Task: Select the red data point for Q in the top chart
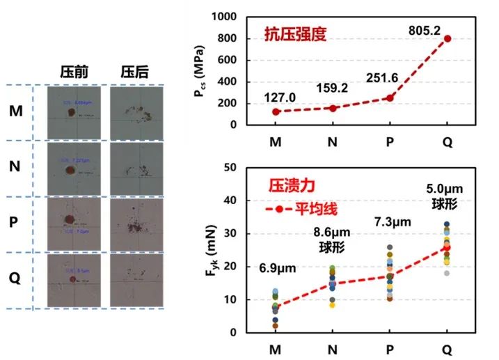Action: (x=447, y=39)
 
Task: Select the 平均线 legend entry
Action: (x=293, y=208)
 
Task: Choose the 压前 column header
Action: (x=73, y=72)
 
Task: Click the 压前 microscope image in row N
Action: (x=73, y=169)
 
